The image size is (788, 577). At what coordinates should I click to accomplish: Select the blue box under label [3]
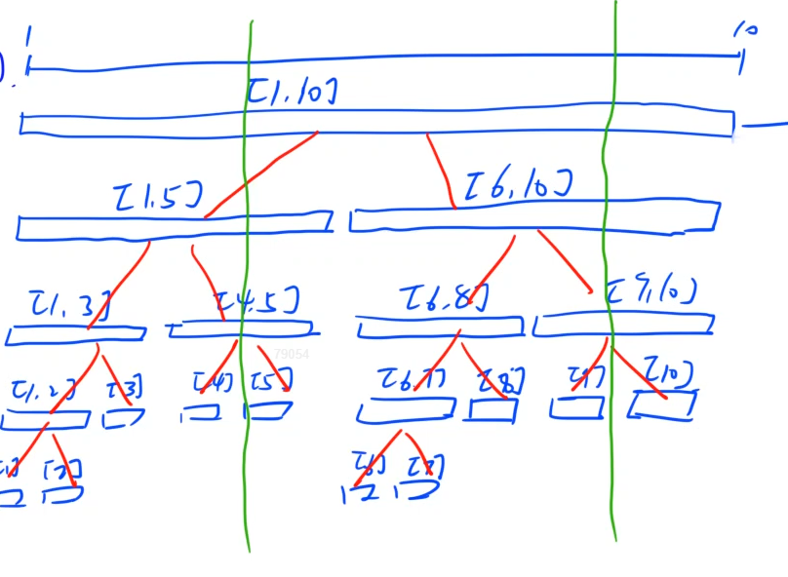123,419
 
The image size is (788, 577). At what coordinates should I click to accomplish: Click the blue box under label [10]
662,404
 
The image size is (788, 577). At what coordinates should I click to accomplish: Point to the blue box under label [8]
492,410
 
